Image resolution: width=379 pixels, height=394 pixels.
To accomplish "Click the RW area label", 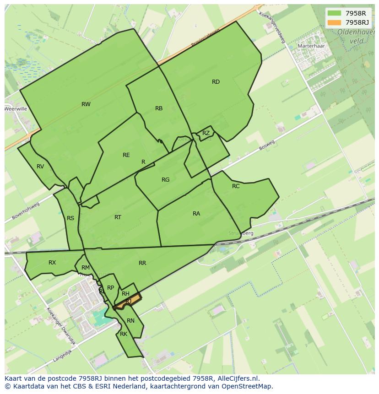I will coord(86,104).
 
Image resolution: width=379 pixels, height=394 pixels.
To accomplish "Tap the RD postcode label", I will coord(216,82).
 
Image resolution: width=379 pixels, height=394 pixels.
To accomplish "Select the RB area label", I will coord(159,108).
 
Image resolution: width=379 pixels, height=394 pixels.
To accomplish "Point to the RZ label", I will coord(206,133).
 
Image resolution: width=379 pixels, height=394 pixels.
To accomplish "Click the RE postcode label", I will coord(126,155).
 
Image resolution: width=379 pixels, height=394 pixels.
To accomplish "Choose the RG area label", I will coord(166,180).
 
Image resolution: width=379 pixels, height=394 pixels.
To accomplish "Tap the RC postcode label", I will coord(236,186).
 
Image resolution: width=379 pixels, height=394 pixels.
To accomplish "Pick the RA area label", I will coord(196,214).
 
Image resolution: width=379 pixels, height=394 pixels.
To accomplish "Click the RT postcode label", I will coord(118,217).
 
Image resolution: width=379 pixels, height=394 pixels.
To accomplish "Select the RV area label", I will coord(40,167).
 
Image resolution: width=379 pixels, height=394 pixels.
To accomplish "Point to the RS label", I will coord(70,218).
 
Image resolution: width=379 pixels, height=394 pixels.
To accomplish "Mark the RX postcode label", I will coord(52,263).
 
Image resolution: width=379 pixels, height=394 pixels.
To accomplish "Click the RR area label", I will coord(142,263).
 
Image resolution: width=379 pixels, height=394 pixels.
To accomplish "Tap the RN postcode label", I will coord(131,321).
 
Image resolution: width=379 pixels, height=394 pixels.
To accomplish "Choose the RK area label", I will coord(124,334).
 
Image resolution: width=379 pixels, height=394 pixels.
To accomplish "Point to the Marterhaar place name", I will coord(311,46).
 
